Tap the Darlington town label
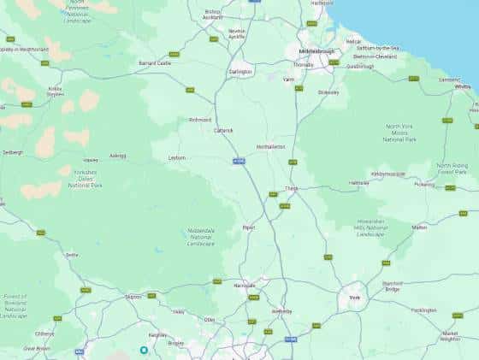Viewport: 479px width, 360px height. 240,72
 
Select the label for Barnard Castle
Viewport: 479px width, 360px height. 155,62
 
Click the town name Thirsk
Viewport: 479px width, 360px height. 292,188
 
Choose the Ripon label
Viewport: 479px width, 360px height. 248,227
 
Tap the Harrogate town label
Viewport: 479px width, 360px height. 245,285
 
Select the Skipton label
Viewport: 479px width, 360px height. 133,297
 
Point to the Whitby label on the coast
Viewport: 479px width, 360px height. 463,86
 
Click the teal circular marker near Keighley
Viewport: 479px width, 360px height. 144,350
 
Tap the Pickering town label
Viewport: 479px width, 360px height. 423,184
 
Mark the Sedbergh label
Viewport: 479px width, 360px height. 13,152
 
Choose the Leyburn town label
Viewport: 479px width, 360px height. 176,158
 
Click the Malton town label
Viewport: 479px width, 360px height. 419,227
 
